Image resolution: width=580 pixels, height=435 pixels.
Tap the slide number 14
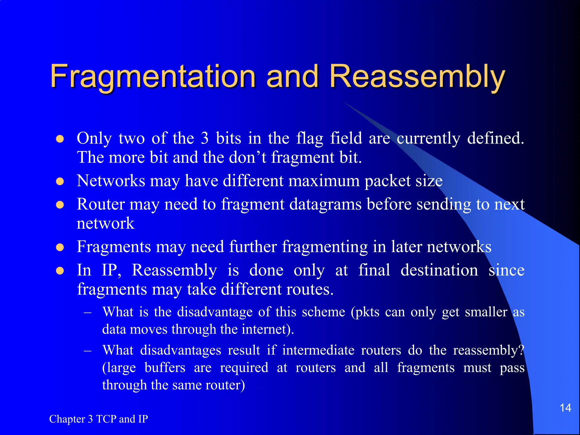[x=565, y=408]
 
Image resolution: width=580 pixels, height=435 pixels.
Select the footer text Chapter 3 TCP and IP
[x=99, y=419]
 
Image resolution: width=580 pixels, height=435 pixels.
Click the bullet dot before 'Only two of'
[x=60, y=139]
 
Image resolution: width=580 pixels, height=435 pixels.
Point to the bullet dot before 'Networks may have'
[x=60, y=181]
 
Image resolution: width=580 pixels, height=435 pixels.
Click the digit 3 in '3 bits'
[x=204, y=138]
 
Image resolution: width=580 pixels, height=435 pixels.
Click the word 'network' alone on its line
[x=105, y=223]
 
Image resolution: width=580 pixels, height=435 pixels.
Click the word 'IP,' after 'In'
[x=112, y=270]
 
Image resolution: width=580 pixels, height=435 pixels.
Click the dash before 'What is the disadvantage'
[x=88, y=312]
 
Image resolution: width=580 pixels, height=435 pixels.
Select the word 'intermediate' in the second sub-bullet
[x=318, y=350]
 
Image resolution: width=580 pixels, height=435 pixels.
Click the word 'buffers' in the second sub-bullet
[x=165, y=368]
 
